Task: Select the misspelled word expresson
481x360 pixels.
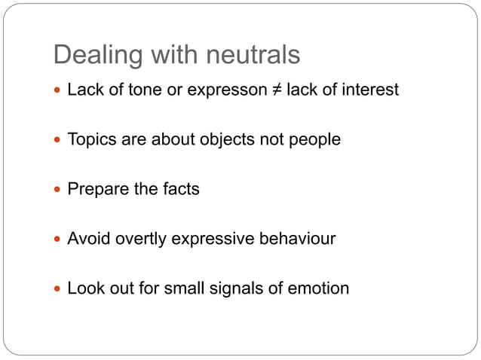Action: (225, 90)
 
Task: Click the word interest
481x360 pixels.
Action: (369, 90)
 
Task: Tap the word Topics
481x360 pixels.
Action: (90, 140)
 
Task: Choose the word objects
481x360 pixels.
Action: (225, 140)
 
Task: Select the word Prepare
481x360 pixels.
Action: (98, 189)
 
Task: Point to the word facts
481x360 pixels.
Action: (181, 189)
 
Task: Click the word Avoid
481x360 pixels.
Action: (87, 239)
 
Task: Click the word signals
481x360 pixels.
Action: (229, 288)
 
